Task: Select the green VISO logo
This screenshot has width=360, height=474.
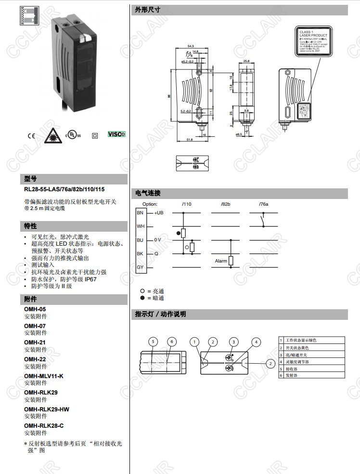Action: pos(116,133)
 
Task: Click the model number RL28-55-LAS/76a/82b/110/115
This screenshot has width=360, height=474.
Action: pos(64,190)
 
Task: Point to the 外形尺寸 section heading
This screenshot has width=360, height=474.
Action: pos(148,10)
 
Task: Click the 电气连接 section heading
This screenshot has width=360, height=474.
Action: pos(148,193)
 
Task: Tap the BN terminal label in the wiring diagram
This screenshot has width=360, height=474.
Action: pos(140,213)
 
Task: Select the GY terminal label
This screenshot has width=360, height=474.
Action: pos(140,267)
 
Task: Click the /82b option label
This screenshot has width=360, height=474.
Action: pos(225,204)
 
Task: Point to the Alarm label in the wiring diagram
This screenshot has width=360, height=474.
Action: pos(221,261)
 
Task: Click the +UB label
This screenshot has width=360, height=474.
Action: pos(159,213)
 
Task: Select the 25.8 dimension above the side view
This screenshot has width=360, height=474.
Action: pos(246,61)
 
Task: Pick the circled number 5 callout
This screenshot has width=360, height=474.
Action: pos(153,342)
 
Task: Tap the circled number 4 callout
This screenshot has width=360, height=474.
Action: pos(257,342)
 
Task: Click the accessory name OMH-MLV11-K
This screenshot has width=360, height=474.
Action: pos(43,376)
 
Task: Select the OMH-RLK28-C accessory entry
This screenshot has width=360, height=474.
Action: pos(43,426)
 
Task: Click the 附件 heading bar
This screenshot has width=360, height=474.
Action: pos(31,299)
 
